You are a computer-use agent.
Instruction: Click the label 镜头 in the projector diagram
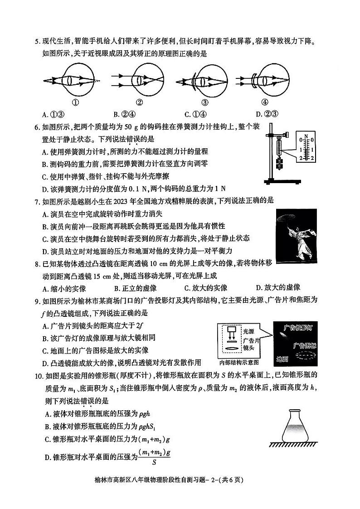click(248, 349)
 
